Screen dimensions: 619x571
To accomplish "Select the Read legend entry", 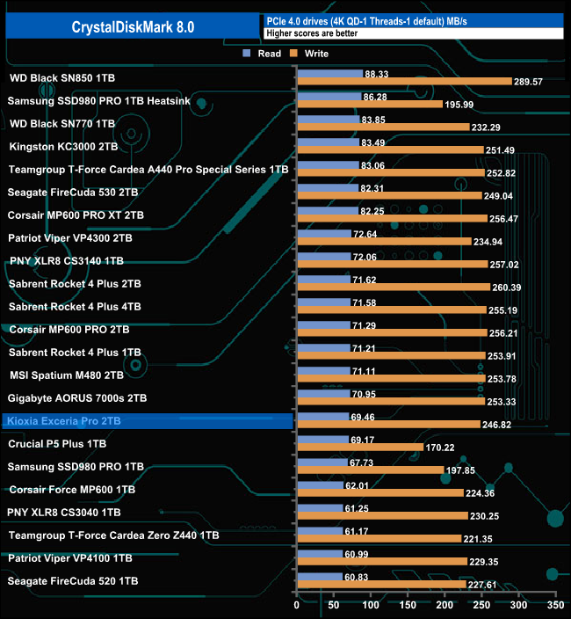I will point(263,54).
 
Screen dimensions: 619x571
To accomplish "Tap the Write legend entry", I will point(308,54).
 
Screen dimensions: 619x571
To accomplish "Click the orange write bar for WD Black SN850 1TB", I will point(405,82).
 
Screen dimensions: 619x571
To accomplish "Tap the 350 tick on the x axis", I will point(553,606).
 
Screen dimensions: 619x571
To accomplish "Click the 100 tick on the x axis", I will point(371,606).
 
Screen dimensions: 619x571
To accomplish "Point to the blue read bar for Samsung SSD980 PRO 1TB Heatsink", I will point(329,96).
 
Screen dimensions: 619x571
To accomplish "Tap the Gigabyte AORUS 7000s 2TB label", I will point(77,398).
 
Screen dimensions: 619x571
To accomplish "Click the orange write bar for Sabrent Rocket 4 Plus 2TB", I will point(394,288).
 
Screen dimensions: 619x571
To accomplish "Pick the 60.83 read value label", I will point(357,576).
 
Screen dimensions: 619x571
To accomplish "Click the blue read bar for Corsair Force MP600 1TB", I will point(321,484).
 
